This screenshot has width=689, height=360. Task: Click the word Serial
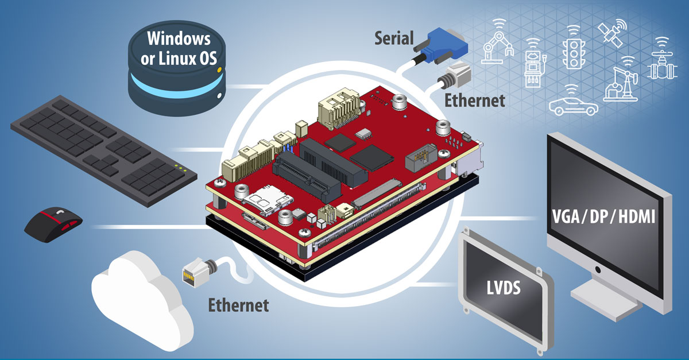(x=394, y=38)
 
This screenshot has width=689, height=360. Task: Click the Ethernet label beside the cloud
(x=238, y=305)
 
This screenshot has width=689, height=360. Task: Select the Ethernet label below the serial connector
(x=475, y=100)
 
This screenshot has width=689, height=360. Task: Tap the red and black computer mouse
(x=53, y=221)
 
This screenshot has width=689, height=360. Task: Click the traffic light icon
(x=572, y=48)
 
